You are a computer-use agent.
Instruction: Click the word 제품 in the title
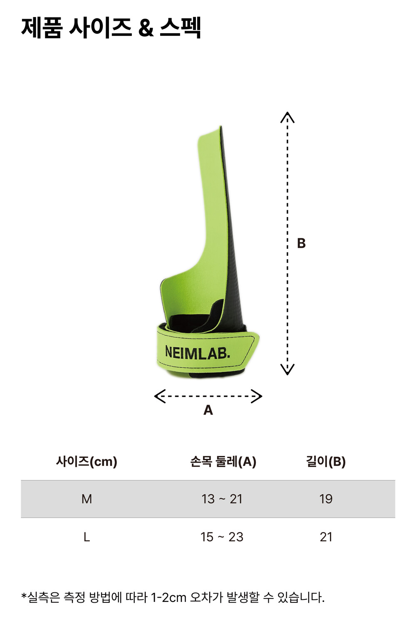tap(42, 27)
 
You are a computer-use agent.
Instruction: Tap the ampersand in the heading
tap(146, 28)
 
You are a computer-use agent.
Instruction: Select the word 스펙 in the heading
tap(180, 27)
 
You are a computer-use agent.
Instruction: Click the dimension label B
tap(301, 243)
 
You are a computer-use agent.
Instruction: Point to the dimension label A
tap(208, 410)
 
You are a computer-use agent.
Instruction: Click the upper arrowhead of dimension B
tap(287, 117)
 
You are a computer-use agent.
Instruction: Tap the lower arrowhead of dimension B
tap(287, 369)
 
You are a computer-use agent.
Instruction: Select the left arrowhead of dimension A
tap(160, 396)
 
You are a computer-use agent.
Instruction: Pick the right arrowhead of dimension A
tap(256, 396)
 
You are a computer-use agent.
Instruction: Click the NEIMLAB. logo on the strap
tap(198, 352)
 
